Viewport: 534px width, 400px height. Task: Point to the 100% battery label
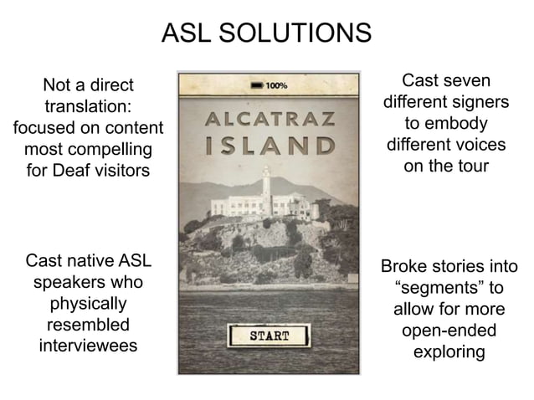279,85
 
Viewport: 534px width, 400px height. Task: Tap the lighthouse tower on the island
265,179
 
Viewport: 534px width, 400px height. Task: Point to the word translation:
88,107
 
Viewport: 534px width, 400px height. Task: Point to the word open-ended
449,331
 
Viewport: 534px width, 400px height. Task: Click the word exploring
449,352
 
